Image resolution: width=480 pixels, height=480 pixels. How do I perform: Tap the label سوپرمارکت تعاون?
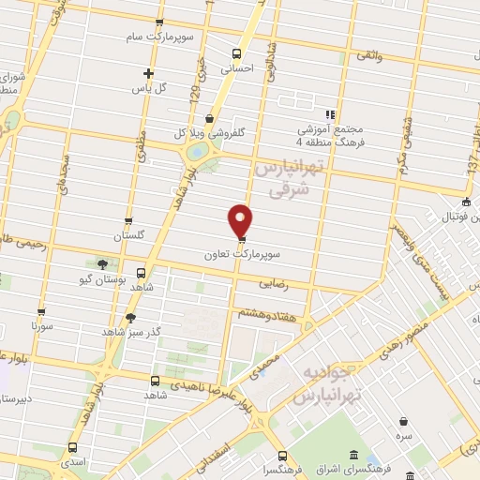point(240,254)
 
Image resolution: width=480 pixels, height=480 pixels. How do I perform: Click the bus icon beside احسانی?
point(235,53)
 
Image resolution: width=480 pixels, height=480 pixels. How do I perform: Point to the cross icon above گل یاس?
point(147,73)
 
